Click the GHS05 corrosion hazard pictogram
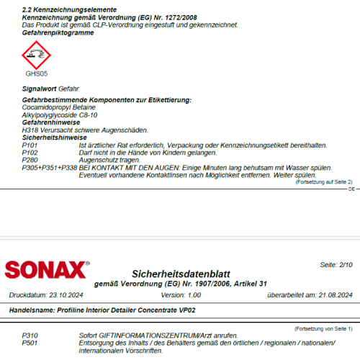pos(36,53)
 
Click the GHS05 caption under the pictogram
pos(36,73)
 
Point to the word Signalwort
pos(40,88)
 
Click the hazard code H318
pos(30,130)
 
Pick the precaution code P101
pos(30,145)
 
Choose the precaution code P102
pos(30,153)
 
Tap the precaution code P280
pos(30,160)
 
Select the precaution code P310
pos(30,336)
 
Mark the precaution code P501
pos(30,343)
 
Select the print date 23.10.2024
pos(66,294)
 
